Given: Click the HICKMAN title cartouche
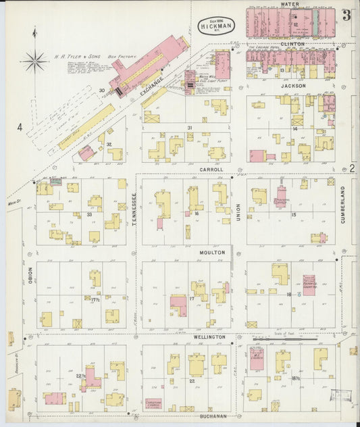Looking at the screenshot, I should click(215, 26).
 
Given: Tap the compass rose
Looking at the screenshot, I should click(34, 61).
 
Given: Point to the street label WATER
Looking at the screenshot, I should click(290, 4).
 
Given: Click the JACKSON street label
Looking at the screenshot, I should click(294, 86).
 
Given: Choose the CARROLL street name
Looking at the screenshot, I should click(211, 169).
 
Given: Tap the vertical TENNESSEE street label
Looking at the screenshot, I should click(134, 209).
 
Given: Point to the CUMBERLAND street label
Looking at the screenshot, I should click(342, 204).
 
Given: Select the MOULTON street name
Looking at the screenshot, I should click(211, 252).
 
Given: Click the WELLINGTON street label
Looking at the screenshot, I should click(211, 336).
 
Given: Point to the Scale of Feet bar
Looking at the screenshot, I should click(284, 338).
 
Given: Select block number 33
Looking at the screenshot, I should click(89, 214).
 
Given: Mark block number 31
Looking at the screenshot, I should click(190, 127).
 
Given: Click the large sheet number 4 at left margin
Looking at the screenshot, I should click(20, 126).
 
